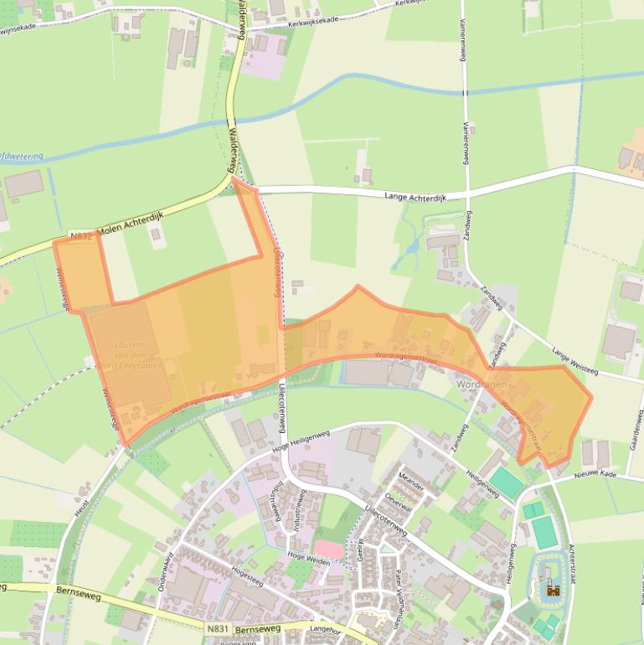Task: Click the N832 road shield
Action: coord(80,237)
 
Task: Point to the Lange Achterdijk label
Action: coord(414,197)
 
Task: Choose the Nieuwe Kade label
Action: coord(595,475)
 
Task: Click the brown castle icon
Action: coord(552,589)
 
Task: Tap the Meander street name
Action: coord(411,483)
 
